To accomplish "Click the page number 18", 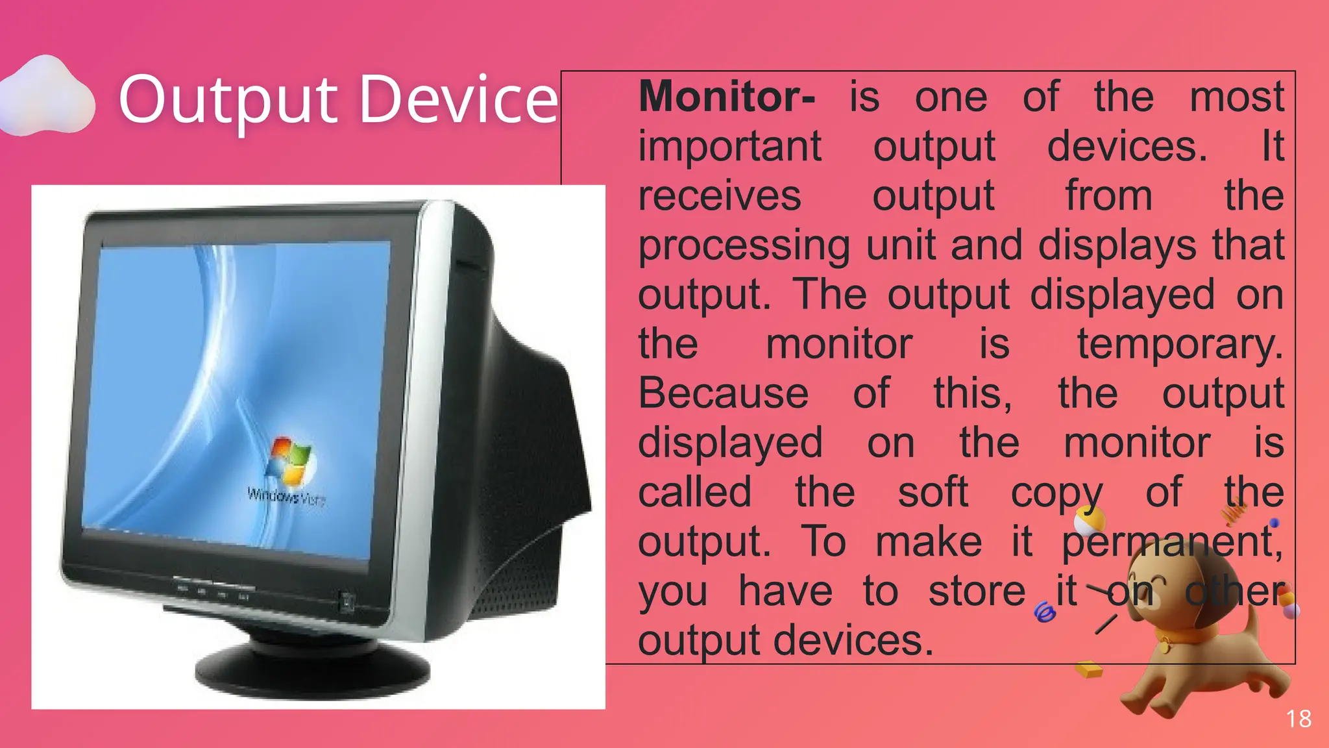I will pos(1299,719).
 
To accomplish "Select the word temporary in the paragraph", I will pos(1180,344).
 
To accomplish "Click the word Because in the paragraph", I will pos(723,393).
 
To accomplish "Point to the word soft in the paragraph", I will pos(933,492).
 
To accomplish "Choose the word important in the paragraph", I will pos(729,147).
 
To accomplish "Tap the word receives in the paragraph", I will pos(719,196).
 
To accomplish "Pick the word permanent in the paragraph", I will pos(1171,542).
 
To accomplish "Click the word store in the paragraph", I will pos(977,591).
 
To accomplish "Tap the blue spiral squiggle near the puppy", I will pos(1044,612).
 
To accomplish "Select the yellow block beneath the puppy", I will pos(1089,668).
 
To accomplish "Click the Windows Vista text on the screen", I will pos(286,497).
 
